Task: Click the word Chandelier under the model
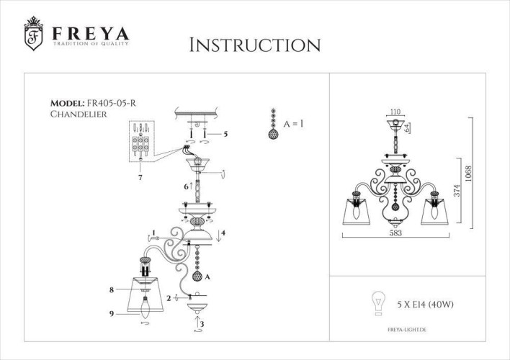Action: click(x=75, y=114)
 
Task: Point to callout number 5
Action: click(x=225, y=134)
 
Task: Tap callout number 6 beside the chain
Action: click(x=186, y=186)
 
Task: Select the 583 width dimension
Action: click(x=395, y=234)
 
